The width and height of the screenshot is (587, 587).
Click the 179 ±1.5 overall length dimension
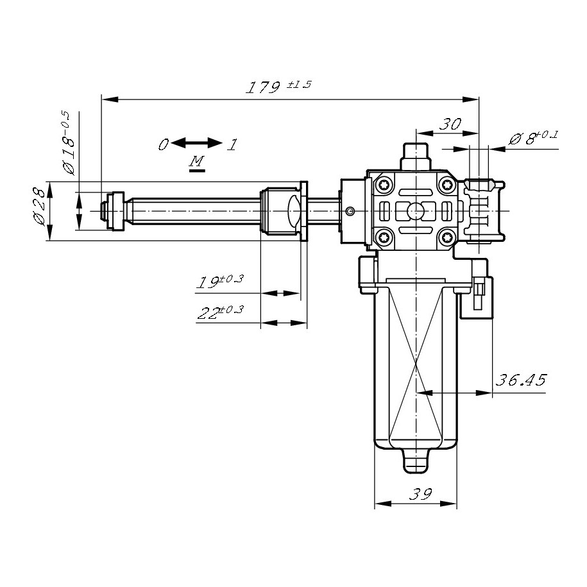[278, 86]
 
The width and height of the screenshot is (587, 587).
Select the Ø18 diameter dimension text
[69, 142]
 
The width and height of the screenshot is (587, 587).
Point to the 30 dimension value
[450, 124]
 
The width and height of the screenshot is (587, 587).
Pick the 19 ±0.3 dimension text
[221, 282]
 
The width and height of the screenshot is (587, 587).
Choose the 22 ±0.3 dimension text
[221, 312]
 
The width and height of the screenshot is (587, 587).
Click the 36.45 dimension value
[521, 380]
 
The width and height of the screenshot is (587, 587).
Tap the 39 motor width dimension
[421, 494]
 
